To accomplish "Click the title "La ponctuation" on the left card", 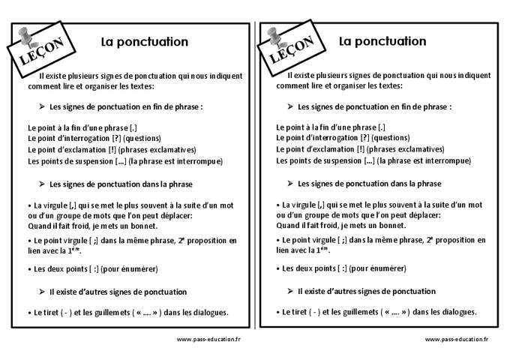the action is [145, 42].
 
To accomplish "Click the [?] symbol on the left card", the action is [115, 139].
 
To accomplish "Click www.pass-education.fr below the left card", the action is [208, 339].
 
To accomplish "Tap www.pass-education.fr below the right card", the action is [456, 339].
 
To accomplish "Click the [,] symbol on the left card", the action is [74, 205].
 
